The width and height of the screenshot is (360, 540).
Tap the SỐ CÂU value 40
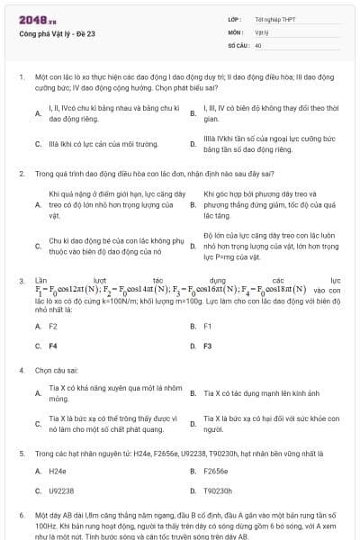click(x=258, y=44)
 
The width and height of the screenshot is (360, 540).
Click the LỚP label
click(x=235, y=19)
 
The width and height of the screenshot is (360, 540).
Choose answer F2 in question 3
click(x=53, y=326)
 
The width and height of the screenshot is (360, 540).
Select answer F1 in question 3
click(x=208, y=326)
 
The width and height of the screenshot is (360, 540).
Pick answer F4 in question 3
click(x=53, y=346)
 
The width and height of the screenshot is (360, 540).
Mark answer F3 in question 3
click(x=208, y=346)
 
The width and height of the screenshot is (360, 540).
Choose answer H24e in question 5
click(x=58, y=471)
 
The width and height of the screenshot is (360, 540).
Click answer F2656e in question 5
click(x=216, y=471)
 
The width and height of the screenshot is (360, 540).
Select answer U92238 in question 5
click(x=61, y=490)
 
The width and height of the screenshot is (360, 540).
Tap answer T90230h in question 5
click(x=219, y=490)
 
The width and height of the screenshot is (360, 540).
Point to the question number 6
click(x=21, y=515)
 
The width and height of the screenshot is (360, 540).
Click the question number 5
click(x=21, y=454)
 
